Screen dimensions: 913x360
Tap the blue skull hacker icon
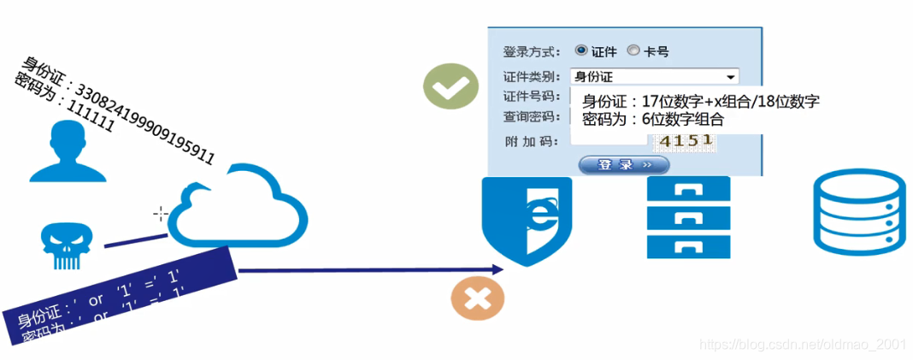pos(66,245)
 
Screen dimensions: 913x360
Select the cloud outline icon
pos(236,205)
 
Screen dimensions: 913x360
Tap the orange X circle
pos(477,299)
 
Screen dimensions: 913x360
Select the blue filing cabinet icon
pos(688,217)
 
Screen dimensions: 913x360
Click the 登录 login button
pos(624,164)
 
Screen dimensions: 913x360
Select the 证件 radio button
pos(581,50)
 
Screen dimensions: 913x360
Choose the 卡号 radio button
pos(633,50)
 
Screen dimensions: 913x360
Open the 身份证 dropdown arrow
pos(730,76)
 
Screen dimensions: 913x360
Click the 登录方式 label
pos(532,51)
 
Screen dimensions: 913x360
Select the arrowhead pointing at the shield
pos(497,270)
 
